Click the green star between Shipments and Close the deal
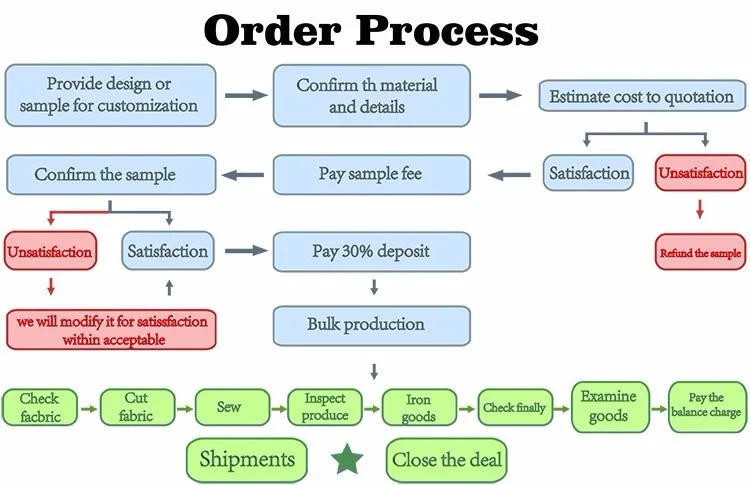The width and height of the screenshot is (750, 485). click(x=347, y=459)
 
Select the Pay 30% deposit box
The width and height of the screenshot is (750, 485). click(x=372, y=252)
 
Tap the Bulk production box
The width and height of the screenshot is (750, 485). click(x=372, y=326)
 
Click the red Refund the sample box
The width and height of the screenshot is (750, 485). click(x=700, y=252)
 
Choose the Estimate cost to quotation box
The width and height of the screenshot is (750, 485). click(x=642, y=96)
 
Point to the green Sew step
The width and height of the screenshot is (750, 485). click(x=232, y=407)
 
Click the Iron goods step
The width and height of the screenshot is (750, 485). click(x=419, y=407)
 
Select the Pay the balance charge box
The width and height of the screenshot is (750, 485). click(x=707, y=407)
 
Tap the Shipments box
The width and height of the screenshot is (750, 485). click(x=247, y=460)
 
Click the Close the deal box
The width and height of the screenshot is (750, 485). click(x=446, y=460)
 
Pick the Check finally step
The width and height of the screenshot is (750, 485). click(x=515, y=407)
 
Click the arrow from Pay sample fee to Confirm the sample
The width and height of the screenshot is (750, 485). click(x=243, y=175)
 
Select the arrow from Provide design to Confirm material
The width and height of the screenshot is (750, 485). click(x=246, y=95)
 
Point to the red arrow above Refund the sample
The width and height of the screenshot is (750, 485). click(x=700, y=209)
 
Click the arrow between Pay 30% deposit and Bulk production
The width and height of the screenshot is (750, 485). click(x=374, y=287)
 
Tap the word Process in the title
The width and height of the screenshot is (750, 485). click(x=447, y=30)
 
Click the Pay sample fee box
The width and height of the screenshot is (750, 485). click(x=372, y=175)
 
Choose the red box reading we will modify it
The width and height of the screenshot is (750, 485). click(x=111, y=330)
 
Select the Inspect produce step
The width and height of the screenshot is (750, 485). click(x=325, y=407)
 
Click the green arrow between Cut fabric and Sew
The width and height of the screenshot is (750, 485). click(x=185, y=409)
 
